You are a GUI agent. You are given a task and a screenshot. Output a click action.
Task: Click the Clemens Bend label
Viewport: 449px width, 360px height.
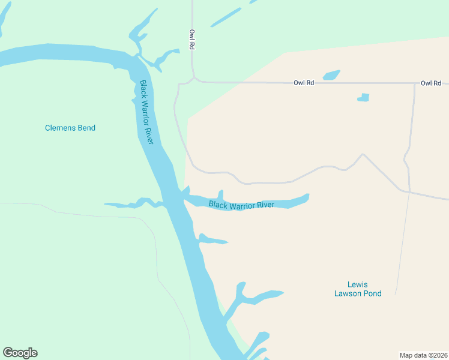point(70,128)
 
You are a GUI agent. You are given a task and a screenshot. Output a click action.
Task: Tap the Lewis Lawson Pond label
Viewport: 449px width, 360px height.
point(358,289)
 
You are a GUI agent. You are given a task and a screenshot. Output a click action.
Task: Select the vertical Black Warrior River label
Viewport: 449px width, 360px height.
point(147,112)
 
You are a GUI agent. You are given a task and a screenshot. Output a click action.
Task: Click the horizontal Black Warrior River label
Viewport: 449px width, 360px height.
point(241,205)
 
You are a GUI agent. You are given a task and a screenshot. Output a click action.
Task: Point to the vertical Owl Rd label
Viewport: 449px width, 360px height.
point(192,40)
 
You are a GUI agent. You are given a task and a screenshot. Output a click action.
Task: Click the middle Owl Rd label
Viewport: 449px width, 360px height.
point(304,83)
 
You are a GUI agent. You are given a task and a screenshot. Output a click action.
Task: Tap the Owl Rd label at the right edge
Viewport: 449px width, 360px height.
point(430,83)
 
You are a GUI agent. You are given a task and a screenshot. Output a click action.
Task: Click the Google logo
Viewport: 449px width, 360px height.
point(20,353)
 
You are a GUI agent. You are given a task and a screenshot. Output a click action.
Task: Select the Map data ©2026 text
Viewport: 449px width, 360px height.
point(423,355)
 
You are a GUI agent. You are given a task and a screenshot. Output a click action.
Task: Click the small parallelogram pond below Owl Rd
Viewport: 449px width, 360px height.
point(331,75)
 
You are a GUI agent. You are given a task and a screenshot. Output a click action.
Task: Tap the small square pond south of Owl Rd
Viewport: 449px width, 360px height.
point(363,97)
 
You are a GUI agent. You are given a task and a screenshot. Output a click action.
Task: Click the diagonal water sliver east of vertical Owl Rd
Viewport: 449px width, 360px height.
point(226,17)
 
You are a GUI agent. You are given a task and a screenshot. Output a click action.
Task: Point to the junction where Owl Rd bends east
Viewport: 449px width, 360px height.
point(193,79)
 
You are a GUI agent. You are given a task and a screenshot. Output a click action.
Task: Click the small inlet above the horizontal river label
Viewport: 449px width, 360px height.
point(221,194)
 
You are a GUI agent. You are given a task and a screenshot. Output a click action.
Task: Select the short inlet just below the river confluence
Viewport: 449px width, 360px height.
point(214,241)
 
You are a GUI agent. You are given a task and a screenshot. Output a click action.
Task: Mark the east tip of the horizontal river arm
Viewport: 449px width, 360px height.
point(307,196)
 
